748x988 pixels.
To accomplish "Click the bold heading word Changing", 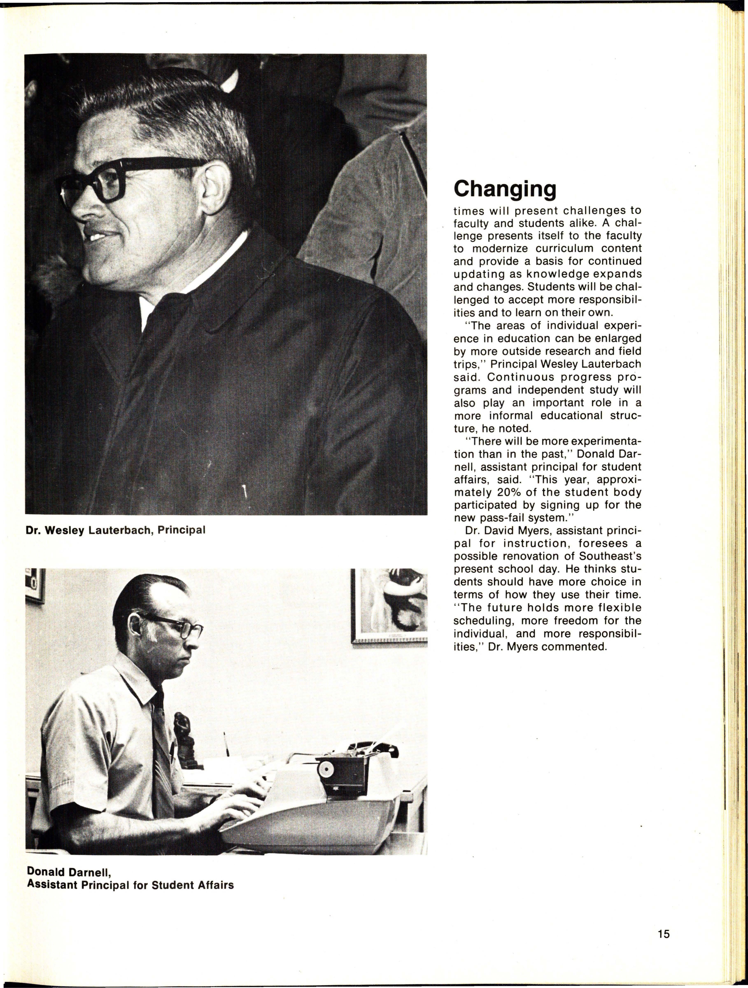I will coord(505,189).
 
